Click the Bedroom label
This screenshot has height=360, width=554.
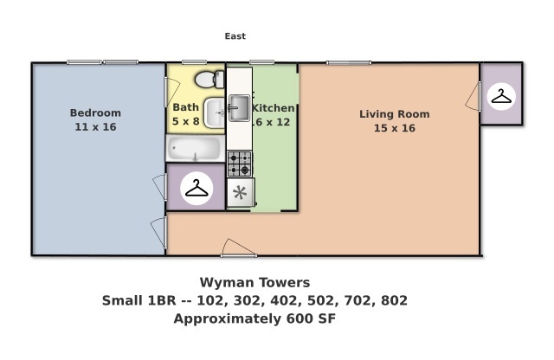(95, 112)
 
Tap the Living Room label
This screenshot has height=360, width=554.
(394, 113)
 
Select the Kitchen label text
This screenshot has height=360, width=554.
(275, 108)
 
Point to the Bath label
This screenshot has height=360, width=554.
(185, 107)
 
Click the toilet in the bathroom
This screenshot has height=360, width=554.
(206, 80)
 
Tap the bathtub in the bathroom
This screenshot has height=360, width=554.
(196, 150)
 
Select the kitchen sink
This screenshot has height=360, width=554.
(238, 109)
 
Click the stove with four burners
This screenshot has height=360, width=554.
(239, 163)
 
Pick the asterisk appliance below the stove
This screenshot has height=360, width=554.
(240, 192)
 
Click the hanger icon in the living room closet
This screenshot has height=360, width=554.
(501, 95)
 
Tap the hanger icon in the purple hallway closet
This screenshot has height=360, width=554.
(198, 187)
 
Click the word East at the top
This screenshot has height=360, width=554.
(235, 36)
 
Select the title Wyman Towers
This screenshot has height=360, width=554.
(254, 282)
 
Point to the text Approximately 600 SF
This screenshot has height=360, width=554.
(254, 318)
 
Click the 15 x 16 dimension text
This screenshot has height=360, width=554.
(394, 128)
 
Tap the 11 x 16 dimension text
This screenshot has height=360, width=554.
(95, 127)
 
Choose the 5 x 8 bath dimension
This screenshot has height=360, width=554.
(185, 122)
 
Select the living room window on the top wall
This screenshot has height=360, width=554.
(349, 62)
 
